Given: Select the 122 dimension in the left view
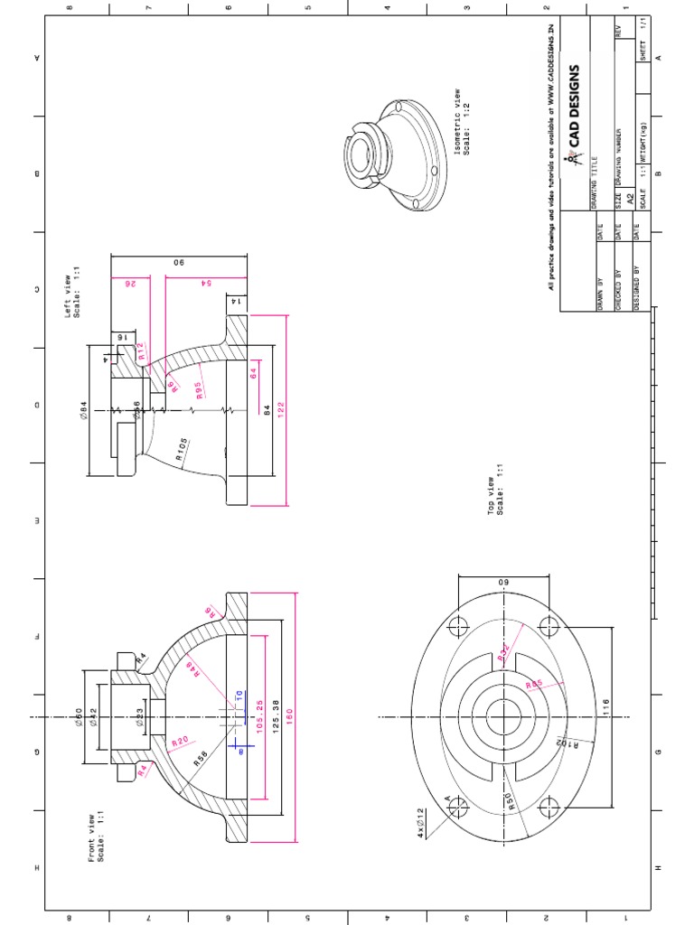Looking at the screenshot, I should tap(283, 409).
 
